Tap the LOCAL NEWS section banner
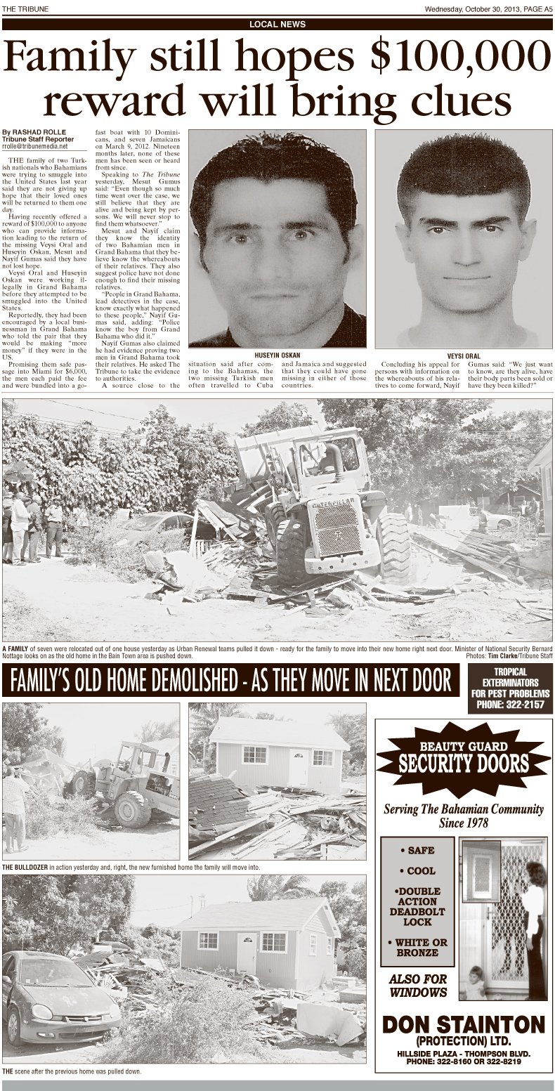pyautogui.click(x=277, y=24)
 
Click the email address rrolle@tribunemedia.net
pyautogui.click(x=35, y=147)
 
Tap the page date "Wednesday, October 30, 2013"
pyautogui.click(x=469, y=8)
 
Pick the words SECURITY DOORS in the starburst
pyautogui.click(x=464, y=763)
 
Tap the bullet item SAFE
pyautogui.click(x=422, y=850)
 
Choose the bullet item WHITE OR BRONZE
pyautogui.click(x=422, y=947)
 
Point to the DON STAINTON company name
pyautogui.click(x=464, y=1024)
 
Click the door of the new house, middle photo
pyautogui.click(x=298, y=766)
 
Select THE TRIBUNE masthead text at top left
pyautogui.click(x=23, y=8)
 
